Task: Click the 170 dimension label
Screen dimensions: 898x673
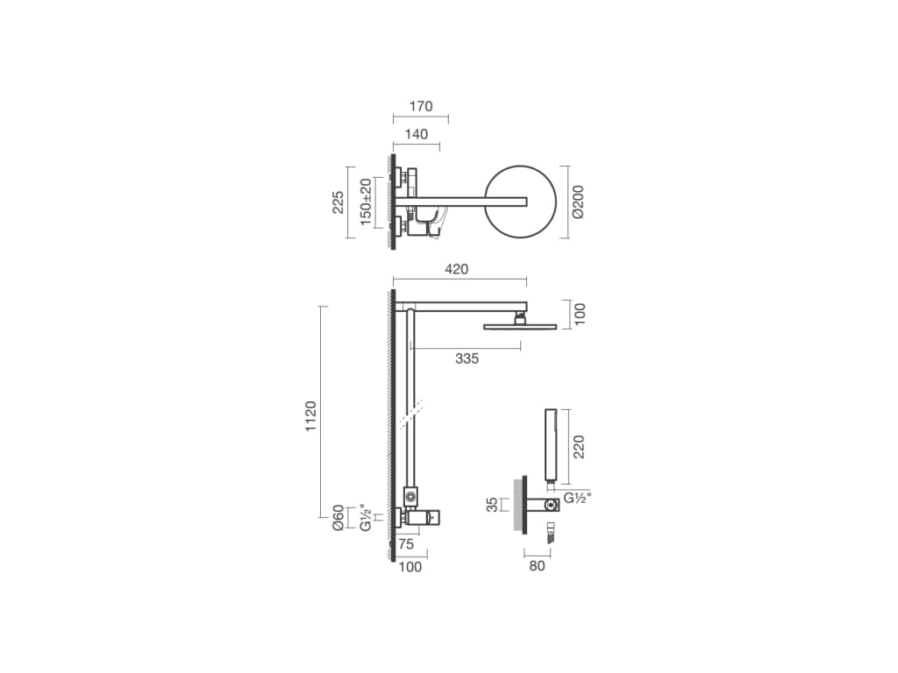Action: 421,106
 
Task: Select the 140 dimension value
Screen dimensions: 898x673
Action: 417,134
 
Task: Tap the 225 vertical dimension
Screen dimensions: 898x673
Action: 338,202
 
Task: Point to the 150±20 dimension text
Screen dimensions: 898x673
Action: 366,202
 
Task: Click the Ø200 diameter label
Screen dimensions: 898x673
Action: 578,202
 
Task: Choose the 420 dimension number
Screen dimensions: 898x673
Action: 456,269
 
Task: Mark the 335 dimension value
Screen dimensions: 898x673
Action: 467,358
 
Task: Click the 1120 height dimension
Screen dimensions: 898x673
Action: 310,416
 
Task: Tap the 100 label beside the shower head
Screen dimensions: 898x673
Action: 580,315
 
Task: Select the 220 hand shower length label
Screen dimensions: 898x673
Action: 579,447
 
